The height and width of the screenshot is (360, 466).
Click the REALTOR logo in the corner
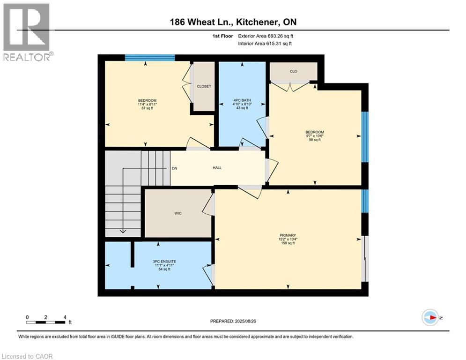click(x=27, y=32)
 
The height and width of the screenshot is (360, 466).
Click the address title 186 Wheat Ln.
click(x=233, y=22)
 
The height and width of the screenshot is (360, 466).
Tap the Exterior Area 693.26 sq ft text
click(x=266, y=36)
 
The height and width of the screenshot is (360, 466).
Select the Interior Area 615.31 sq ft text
click(x=266, y=44)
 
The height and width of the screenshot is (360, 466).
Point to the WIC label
click(x=178, y=213)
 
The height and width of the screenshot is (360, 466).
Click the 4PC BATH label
click(x=241, y=104)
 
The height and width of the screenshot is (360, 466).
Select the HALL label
click(x=217, y=168)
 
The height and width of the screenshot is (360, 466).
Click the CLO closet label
click(x=293, y=72)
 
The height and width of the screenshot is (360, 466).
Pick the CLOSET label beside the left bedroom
click(x=204, y=86)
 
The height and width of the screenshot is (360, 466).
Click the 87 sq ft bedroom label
click(x=147, y=104)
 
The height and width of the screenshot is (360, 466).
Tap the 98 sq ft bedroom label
click(x=315, y=136)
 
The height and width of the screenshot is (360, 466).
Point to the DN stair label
click(x=174, y=168)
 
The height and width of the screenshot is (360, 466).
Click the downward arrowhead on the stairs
click(x=123, y=230)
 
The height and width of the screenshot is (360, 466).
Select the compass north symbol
click(x=429, y=317)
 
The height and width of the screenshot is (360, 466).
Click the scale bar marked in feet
click(x=46, y=322)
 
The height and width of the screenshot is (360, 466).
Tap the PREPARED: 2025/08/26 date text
click(x=233, y=321)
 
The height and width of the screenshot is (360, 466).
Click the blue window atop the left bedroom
click(x=150, y=58)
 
